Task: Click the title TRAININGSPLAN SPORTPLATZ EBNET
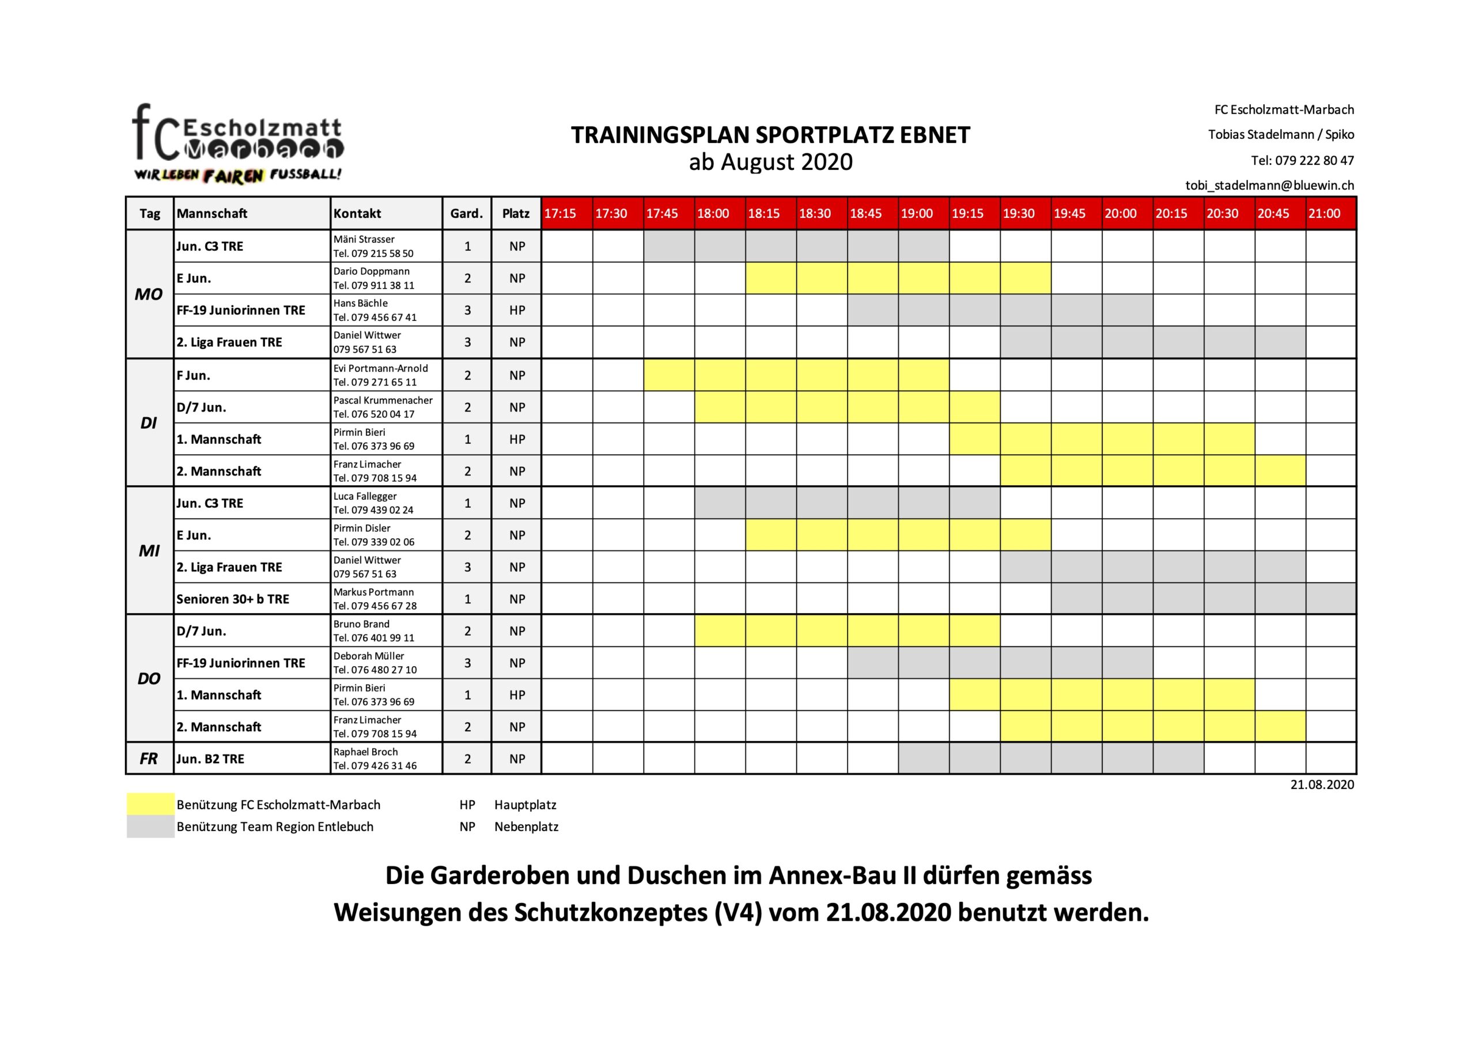click(770, 135)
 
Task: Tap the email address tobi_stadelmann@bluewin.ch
click(1269, 185)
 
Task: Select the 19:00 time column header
click(916, 213)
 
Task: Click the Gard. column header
click(466, 213)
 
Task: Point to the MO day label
click(149, 294)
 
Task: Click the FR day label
click(149, 759)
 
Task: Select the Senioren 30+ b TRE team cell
click(233, 599)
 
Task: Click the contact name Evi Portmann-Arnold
click(380, 368)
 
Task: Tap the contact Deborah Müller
click(369, 656)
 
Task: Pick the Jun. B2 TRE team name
click(210, 759)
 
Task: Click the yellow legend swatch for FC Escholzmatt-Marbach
click(150, 804)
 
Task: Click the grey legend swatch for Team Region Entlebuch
click(150, 826)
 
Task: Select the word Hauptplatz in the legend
click(525, 804)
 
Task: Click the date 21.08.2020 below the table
click(1322, 785)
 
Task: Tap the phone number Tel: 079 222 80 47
click(1302, 160)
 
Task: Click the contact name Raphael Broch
click(365, 752)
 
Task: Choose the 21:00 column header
click(1324, 213)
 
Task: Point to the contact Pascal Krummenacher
click(383, 400)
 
